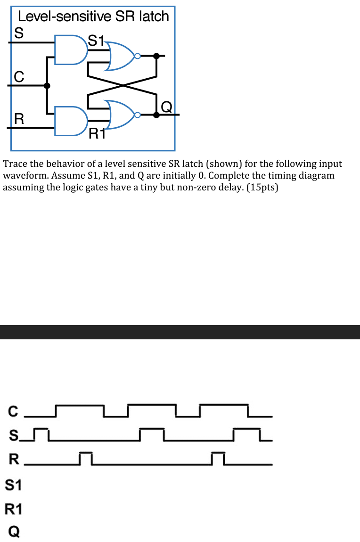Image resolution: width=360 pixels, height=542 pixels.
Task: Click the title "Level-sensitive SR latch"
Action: click(x=93, y=16)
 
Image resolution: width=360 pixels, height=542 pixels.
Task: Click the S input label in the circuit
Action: click(x=19, y=33)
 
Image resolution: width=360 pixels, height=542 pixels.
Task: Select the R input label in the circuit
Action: click(x=19, y=118)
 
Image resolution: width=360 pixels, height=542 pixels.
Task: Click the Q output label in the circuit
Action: click(x=166, y=107)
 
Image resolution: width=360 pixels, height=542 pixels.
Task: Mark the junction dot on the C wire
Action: click(x=47, y=85)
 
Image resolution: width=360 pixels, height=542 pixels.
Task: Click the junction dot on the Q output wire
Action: click(x=156, y=115)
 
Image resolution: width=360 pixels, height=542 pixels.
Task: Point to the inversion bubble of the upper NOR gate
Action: click(x=137, y=56)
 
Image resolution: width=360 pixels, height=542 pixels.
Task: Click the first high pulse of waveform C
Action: click(x=80, y=405)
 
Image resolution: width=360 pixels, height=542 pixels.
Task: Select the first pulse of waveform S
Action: click(x=42, y=429)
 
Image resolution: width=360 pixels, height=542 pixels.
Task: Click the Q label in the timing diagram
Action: click(x=14, y=532)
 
